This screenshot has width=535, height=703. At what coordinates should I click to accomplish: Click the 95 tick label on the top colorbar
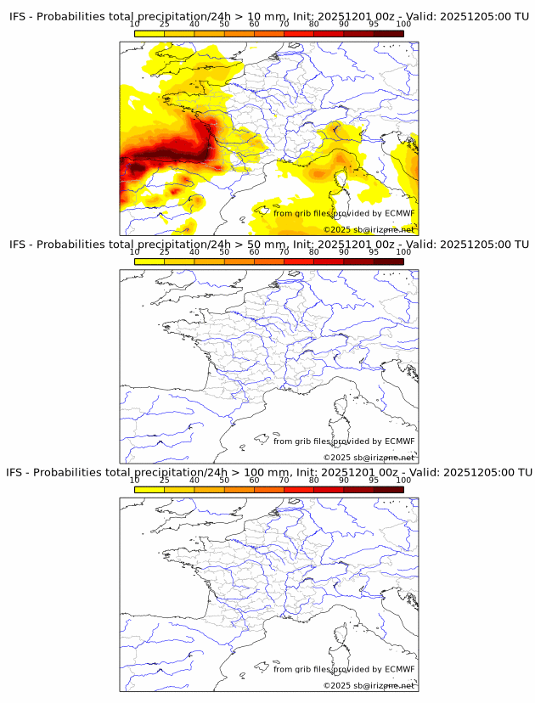pos(374,24)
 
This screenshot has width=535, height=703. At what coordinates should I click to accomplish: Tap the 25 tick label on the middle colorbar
pos(165,251)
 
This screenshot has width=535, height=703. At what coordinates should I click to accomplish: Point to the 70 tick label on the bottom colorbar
pos(284,480)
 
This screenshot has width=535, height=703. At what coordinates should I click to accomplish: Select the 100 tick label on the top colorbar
pos(403,24)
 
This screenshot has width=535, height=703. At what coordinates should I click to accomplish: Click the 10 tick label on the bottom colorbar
pos(135,480)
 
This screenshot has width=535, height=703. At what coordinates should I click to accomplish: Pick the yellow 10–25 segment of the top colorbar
pos(149,34)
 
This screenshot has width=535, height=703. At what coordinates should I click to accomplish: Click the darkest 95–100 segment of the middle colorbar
pos(388,262)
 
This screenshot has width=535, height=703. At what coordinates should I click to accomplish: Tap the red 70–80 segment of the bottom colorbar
pos(299,490)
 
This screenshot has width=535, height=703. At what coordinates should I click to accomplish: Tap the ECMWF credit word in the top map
pos(399,213)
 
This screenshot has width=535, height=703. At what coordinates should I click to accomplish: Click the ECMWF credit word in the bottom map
pos(399,669)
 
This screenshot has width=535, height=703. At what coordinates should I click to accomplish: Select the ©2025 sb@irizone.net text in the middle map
pos(369,458)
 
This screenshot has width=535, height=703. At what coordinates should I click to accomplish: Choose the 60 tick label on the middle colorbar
pos(254,251)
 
